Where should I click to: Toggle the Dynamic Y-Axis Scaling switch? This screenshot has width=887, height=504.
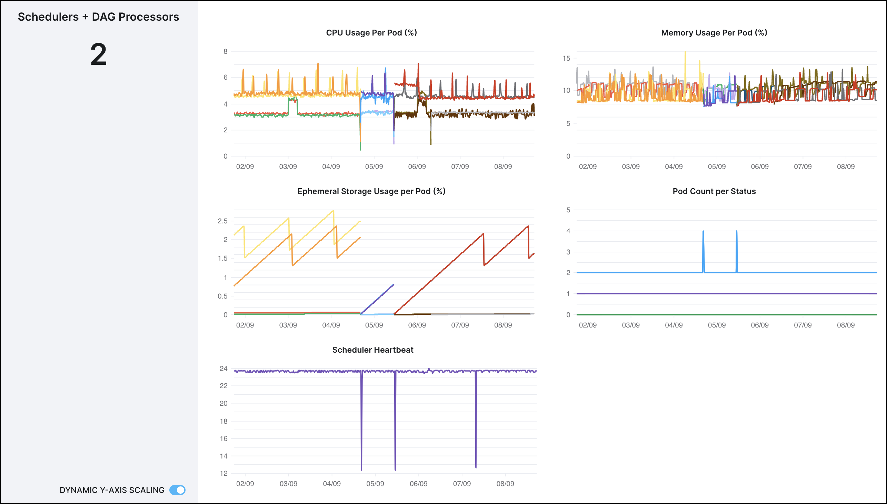coord(177,490)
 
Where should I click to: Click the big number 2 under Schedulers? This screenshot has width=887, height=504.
coord(98,54)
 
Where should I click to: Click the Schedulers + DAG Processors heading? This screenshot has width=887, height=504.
coord(98,17)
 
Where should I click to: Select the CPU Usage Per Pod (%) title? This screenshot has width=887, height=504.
coord(371,32)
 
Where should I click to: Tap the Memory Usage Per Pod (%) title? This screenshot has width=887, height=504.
coord(714,32)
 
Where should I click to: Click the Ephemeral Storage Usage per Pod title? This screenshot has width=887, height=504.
coord(371,191)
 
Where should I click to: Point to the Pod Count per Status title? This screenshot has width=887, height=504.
coord(714,191)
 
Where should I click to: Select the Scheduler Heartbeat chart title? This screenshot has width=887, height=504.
coord(372,350)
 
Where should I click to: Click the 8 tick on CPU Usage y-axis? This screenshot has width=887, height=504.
coord(226,51)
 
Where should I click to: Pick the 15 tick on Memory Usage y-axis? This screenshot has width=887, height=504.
coord(566,58)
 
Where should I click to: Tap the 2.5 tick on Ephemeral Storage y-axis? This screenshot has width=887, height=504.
coord(222,221)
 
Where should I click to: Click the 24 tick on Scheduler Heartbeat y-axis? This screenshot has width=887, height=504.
coord(223,369)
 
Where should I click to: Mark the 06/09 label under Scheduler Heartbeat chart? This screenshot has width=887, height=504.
coord(418,484)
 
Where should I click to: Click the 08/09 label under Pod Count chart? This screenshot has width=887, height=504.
coord(846,325)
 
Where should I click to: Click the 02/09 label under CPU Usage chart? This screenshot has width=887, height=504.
coord(245,167)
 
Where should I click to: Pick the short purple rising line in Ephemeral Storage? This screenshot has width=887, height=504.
coord(377,299)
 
